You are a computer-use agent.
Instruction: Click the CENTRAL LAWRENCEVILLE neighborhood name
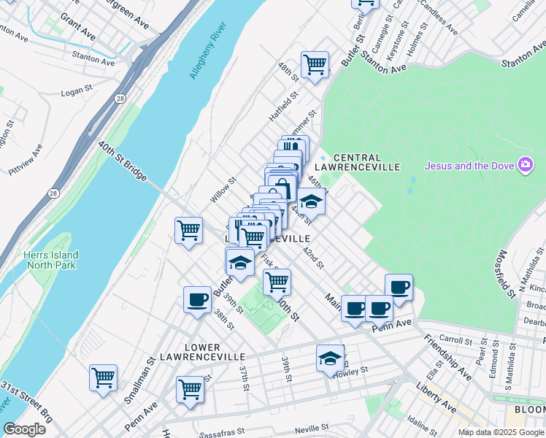[x=366, y=162]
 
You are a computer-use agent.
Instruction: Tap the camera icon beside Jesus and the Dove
[x=524, y=165]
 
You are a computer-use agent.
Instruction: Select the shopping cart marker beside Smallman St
[x=103, y=377]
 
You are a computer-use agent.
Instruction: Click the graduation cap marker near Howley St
[x=330, y=358]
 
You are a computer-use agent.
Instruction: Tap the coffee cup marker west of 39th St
[x=197, y=299]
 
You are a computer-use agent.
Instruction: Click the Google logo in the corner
[x=25, y=429]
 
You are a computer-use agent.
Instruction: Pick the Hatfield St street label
[x=284, y=106]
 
